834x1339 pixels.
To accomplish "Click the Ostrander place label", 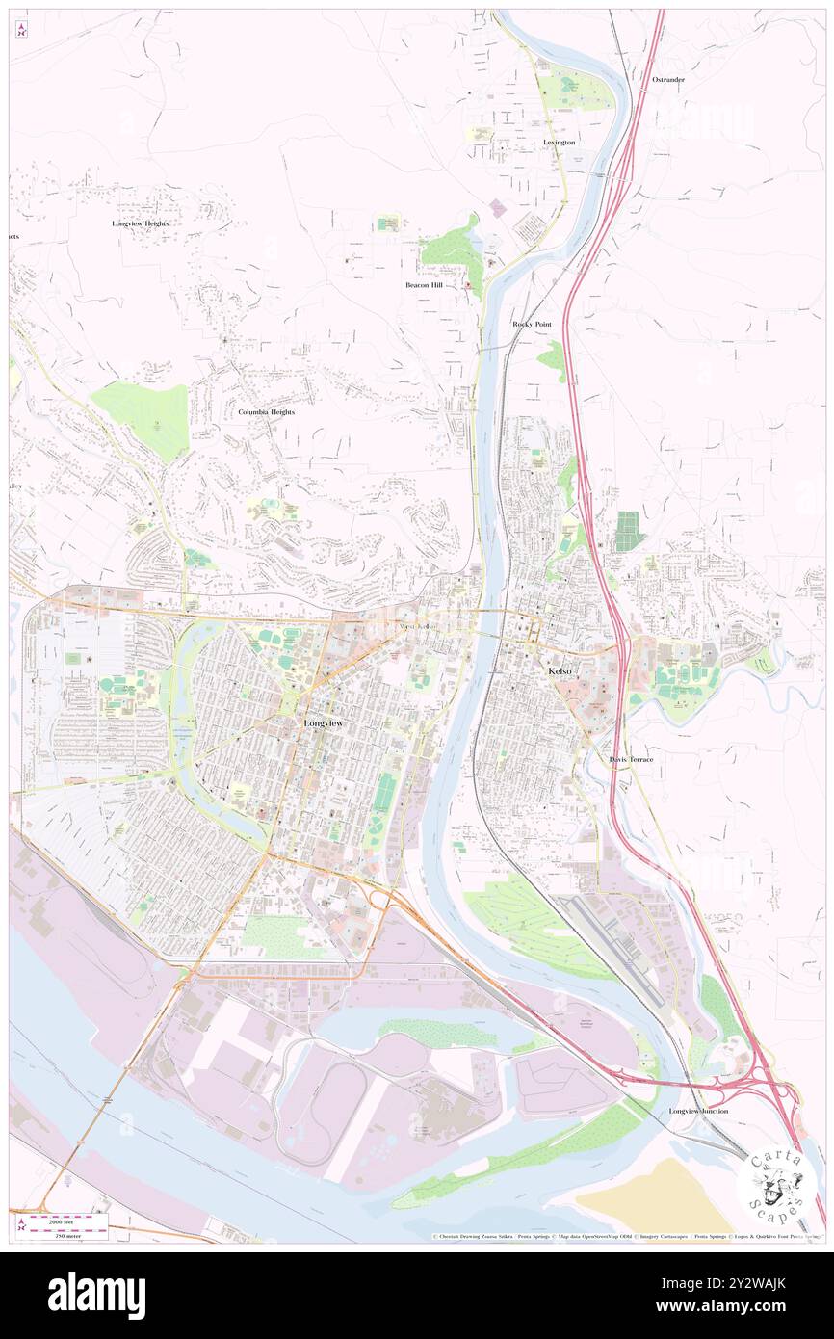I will pyautogui.click(x=667, y=79).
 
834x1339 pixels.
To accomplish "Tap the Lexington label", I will pyautogui.click(x=559, y=142).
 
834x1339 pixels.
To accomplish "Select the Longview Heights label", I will pyautogui.click(x=140, y=223).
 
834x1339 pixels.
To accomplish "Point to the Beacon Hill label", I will pyautogui.click(x=423, y=285).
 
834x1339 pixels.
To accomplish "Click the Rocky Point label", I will pyautogui.click(x=532, y=325).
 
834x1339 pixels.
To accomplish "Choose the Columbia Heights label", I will pyautogui.click(x=266, y=411).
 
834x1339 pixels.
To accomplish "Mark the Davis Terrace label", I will pyautogui.click(x=631, y=759).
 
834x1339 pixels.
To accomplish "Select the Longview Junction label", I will pyautogui.click(x=698, y=1111).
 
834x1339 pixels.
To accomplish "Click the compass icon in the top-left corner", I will pyautogui.click(x=21, y=31).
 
